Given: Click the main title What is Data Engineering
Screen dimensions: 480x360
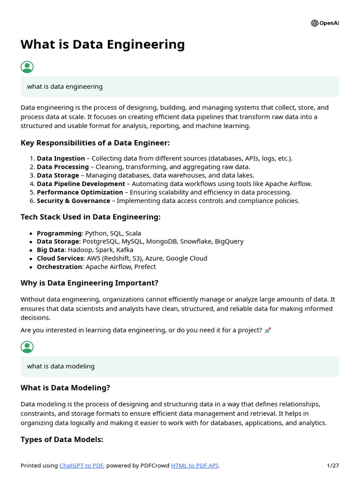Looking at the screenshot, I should click(x=103, y=45).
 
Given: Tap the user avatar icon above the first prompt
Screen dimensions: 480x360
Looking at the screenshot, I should click(x=27, y=67).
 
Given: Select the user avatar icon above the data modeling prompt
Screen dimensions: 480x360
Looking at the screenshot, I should click(x=27, y=347).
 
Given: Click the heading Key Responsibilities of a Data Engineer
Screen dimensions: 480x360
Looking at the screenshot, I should click(x=95, y=143).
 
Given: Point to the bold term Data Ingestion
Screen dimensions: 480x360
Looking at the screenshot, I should click(x=61, y=158).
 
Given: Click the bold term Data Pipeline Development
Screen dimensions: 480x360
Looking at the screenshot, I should click(x=81, y=184).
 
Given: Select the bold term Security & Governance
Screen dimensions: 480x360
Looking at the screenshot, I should click(x=73, y=201).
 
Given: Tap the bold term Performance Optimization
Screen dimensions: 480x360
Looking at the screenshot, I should click(x=80, y=192).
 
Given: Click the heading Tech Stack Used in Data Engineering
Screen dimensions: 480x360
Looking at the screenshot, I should click(x=90, y=217).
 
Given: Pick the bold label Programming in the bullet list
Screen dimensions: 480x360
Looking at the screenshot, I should click(x=59, y=233).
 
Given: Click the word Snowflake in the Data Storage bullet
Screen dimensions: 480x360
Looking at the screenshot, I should click(x=196, y=241).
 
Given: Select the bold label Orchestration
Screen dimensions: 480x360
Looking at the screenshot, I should click(x=60, y=267).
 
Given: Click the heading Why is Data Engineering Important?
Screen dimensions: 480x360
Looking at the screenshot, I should click(x=90, y=283).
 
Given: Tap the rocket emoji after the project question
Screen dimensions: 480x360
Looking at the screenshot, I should click(x=268, y=330).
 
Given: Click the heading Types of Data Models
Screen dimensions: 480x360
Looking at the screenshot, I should click(x=62, y=440).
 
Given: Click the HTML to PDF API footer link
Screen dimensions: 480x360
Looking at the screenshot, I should click(x=195, y=465).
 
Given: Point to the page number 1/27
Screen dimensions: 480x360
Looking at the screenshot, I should click(x=333, y=465).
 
